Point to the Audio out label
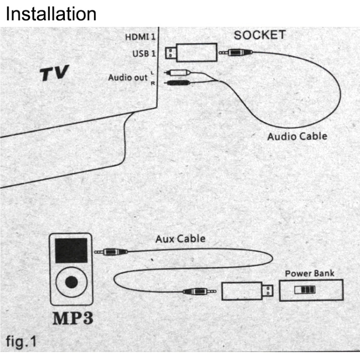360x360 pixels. tap(127, 77)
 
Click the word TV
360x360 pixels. tap(54, 73)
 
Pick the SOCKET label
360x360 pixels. tap(260, 35)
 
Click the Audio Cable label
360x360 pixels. tap(297, 136)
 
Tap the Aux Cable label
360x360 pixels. tap(180, 238)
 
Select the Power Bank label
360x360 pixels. tap(310, 274)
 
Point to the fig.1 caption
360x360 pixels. tap(21, 342)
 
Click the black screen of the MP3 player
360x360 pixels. tap(71, 250)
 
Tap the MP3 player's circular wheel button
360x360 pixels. tap(71, 282)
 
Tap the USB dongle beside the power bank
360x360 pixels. tap(247, 291)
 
